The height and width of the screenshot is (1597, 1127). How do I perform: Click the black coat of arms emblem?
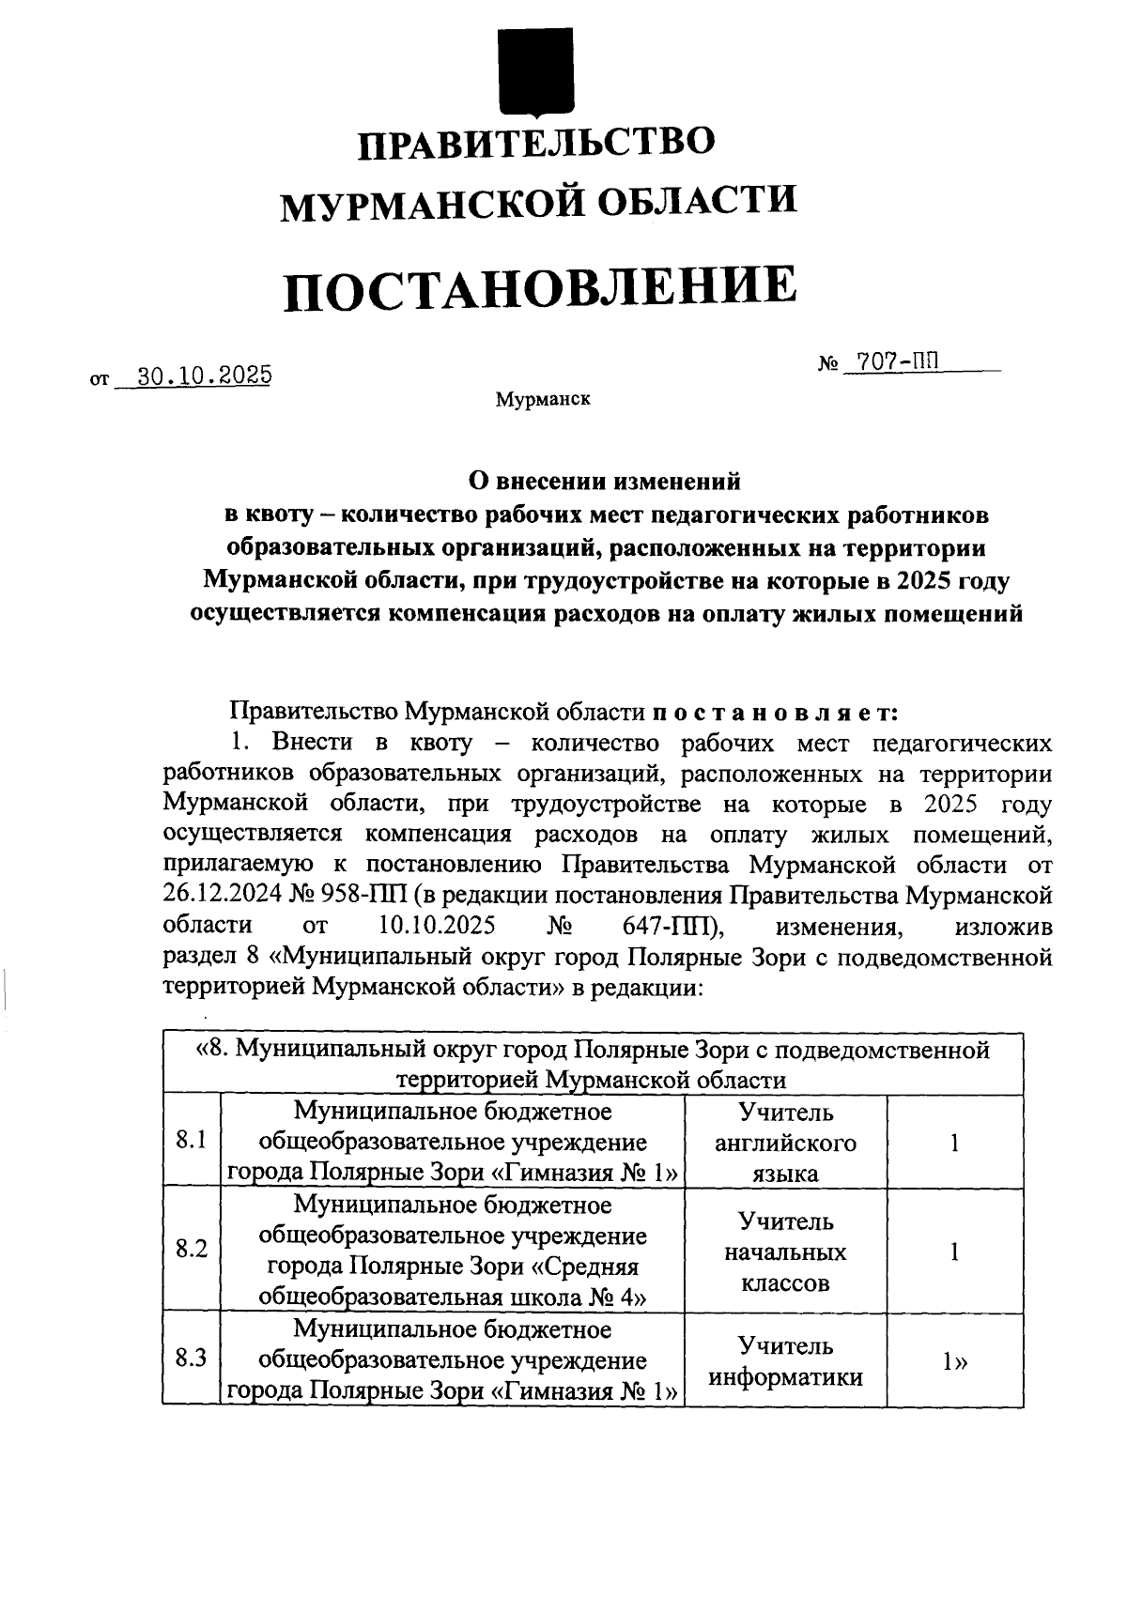coord(535,67)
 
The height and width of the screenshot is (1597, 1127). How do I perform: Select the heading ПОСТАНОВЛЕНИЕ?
coord(540,287)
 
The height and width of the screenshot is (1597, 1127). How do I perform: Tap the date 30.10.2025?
coord(204,376)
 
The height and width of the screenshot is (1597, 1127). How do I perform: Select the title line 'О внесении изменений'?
coord(605,482)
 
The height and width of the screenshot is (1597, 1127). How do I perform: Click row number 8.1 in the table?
coord(191,1141)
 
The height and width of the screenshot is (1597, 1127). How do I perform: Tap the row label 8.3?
coord(191,1359)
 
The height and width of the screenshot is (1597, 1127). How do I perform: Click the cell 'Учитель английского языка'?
coord(785,1143)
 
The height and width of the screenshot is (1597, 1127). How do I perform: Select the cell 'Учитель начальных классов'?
coord(785,1251)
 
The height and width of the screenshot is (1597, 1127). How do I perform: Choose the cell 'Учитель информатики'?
coord(785,1361)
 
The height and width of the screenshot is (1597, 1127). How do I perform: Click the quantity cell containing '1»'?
coord(955,1361)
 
